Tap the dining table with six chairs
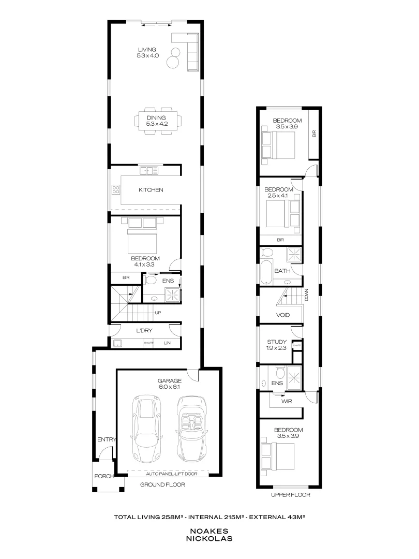pos(158,121)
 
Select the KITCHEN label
pos(151,190)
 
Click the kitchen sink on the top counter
pos(151,170)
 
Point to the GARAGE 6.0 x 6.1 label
pos(169,383)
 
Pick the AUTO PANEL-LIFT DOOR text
pos(169,474)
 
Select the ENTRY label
pos(106,440)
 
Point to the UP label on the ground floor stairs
pos(158,313)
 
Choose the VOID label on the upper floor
pos(282,315)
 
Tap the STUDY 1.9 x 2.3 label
pos(276,345)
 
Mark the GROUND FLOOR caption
pos(162,485)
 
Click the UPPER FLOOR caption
pos(290,494)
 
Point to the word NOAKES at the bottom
pos(209,531)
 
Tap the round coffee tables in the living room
pos(173,57)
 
